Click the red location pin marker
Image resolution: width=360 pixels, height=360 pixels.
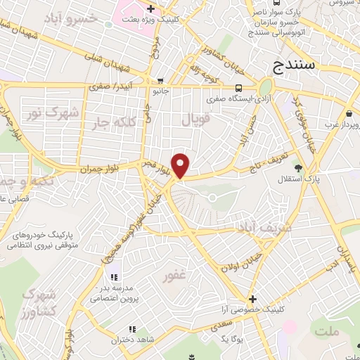coord(181,165)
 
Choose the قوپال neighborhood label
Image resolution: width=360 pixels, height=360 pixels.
coord(196,120)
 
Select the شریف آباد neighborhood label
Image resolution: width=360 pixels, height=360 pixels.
coord(245,229)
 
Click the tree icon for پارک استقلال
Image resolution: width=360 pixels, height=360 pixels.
coord(300,167)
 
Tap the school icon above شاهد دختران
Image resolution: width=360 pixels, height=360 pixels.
coord(131,329)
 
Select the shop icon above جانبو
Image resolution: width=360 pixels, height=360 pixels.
coord(162,80)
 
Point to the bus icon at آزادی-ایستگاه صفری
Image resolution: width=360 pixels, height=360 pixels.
coord(239,88)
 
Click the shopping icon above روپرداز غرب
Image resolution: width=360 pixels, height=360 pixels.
coord(349,113)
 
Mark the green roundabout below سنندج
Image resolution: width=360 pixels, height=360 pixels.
coord(266,86)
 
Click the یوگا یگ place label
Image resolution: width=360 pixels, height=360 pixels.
coord(232,338)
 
